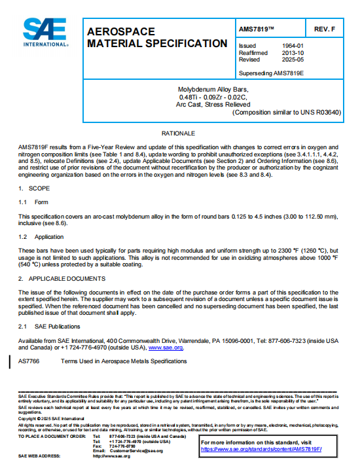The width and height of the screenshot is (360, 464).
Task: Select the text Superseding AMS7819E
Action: [x=274, y=72]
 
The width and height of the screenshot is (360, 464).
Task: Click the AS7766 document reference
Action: [x=29, y=361]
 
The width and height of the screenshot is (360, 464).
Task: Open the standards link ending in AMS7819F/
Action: [x=271, y=450]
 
